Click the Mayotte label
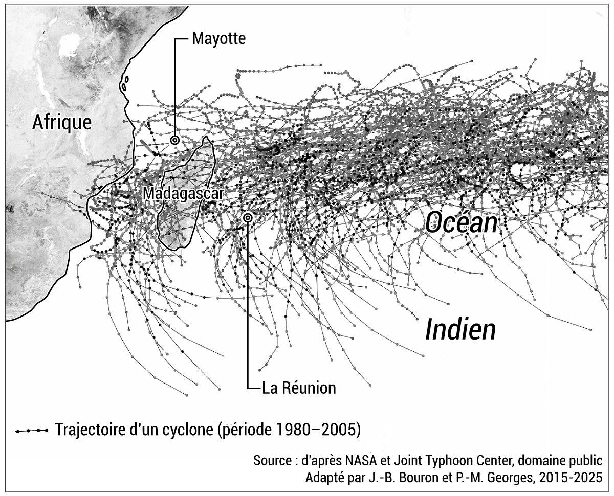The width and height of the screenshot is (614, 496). pos(218,39)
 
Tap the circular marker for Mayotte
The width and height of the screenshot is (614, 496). pos(174,140)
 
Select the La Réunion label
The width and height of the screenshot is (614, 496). pos(299,388)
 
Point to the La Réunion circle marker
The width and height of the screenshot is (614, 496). pos(248,218)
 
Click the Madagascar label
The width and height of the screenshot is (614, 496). pos(183,194)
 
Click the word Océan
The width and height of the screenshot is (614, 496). pos(462,222)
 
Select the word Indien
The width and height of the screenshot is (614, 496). pos(461,330)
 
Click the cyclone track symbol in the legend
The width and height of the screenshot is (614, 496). pos(32,430)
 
